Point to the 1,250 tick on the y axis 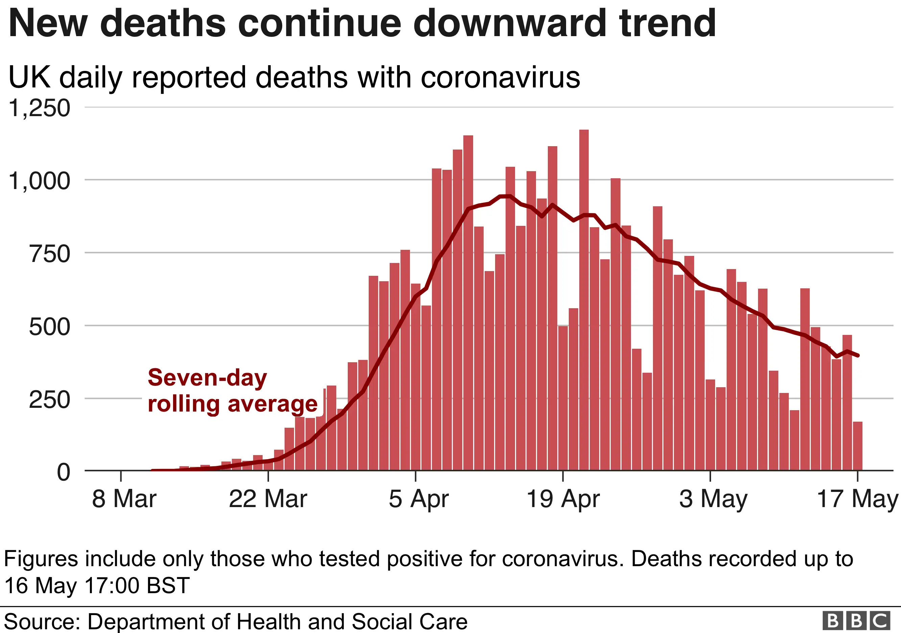[39, 108]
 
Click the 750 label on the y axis [49, 254]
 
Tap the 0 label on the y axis [64, 472]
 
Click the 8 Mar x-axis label [124, 499]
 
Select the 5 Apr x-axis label [418, 499]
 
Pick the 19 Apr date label [563, 499]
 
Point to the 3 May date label [713, 499]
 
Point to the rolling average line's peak [505, 196]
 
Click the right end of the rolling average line [859, 355]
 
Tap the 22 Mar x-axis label [268, 499]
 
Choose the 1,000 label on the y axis [39, 181]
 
